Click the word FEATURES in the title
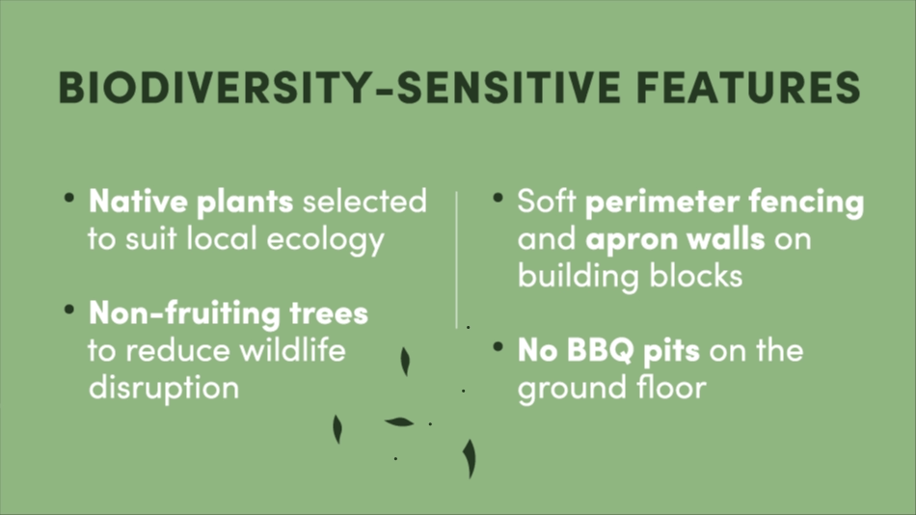[748, 87]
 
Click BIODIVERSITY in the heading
[214, 87]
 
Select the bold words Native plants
[191, 203]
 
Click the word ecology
[325, 240]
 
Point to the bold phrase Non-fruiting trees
[229, 313]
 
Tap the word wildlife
[293, 350]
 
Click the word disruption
[164, 388]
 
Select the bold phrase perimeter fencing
[724, 203]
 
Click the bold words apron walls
[675, 239]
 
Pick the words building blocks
[631, 276]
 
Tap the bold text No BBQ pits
[608, 351]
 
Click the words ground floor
[612, 388]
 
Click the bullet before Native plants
[69, 198]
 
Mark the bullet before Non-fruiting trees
[69, 310]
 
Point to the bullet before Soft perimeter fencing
[498, 198]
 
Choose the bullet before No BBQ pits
[498, 346]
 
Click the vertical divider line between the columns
[457, 259]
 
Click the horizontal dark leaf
[399, 422]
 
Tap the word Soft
[547, 202]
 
